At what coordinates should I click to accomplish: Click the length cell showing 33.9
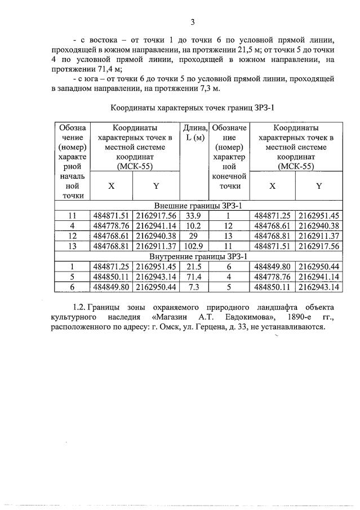pos(193,215)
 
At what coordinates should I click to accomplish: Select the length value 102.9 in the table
pos(193,246)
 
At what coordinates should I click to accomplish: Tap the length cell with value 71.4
pos(193,277)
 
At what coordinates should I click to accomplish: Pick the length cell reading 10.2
pos(193,225)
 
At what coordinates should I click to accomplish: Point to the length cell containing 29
pos(193,236)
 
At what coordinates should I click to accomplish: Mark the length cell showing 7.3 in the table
pos(193,287)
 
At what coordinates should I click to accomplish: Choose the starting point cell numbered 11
pos(72,215)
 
